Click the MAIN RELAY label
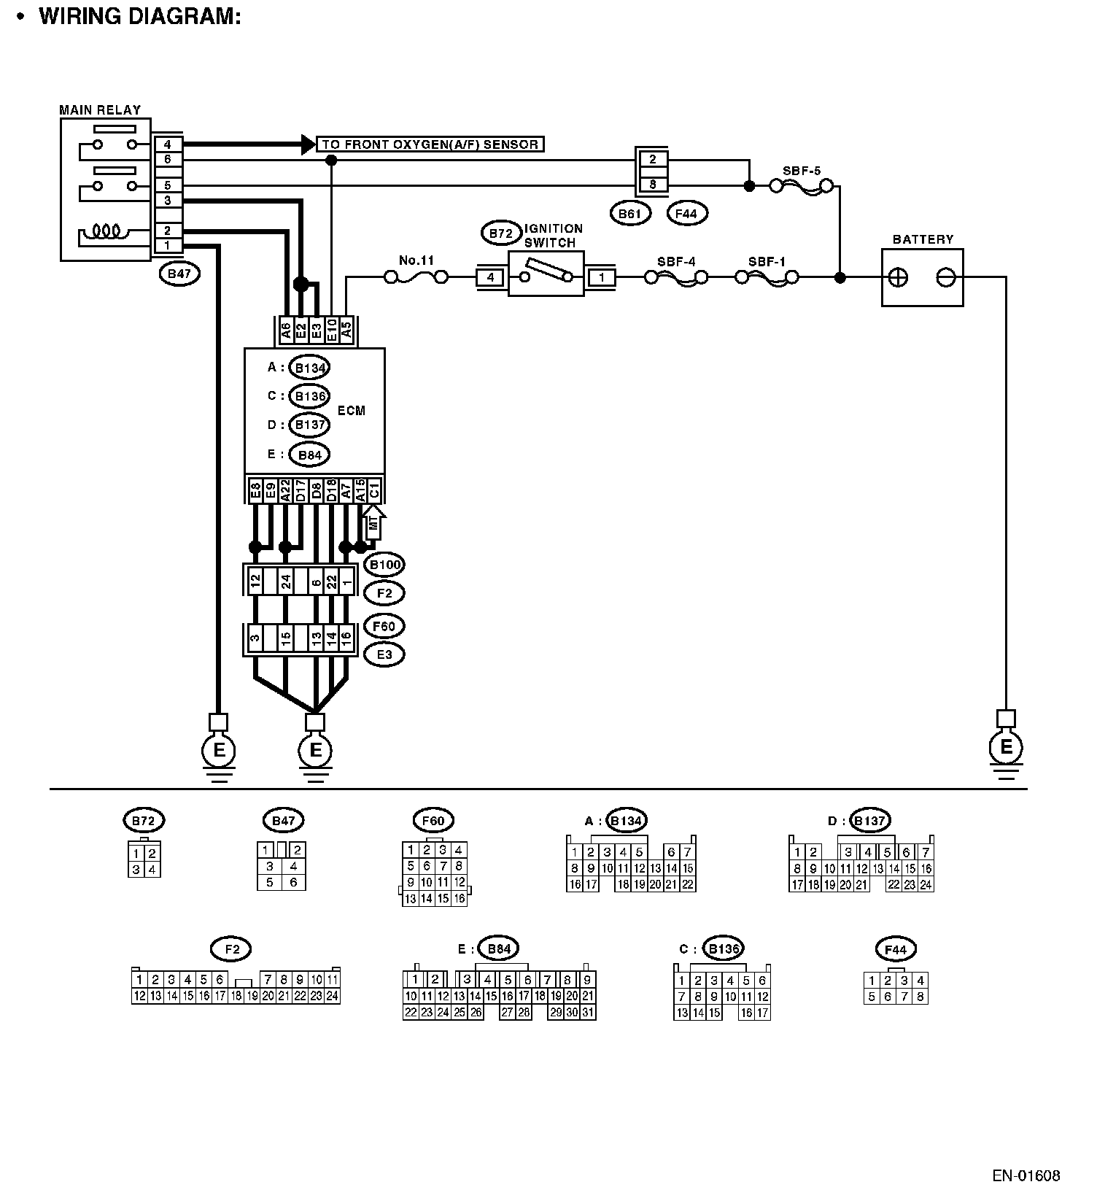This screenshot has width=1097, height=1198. (100, 110)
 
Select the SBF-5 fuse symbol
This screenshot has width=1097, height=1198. (802, 187)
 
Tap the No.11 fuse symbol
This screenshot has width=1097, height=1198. (416, 277)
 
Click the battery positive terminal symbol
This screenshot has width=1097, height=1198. (899, 278)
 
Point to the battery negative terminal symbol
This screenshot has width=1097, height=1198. (945, 278)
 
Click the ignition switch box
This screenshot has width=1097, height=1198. (546, 274)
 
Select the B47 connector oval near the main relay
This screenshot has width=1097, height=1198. (179, 274)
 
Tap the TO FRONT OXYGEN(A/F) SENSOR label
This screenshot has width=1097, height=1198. (430, 144)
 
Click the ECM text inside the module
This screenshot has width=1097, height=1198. (351, 411)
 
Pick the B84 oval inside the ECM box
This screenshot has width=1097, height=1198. (309, 455)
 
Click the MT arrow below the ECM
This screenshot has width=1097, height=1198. (374, 523)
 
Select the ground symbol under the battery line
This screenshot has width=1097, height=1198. (1006, 748)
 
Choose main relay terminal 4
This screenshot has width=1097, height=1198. (167, 144)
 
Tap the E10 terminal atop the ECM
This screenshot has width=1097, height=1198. (331, 329)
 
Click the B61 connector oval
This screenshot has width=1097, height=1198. (629, 214)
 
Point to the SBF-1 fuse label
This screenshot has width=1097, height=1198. (767, 261)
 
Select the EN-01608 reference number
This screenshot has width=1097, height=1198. (1026, 1175)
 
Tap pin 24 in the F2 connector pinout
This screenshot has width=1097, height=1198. (332, 995)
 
